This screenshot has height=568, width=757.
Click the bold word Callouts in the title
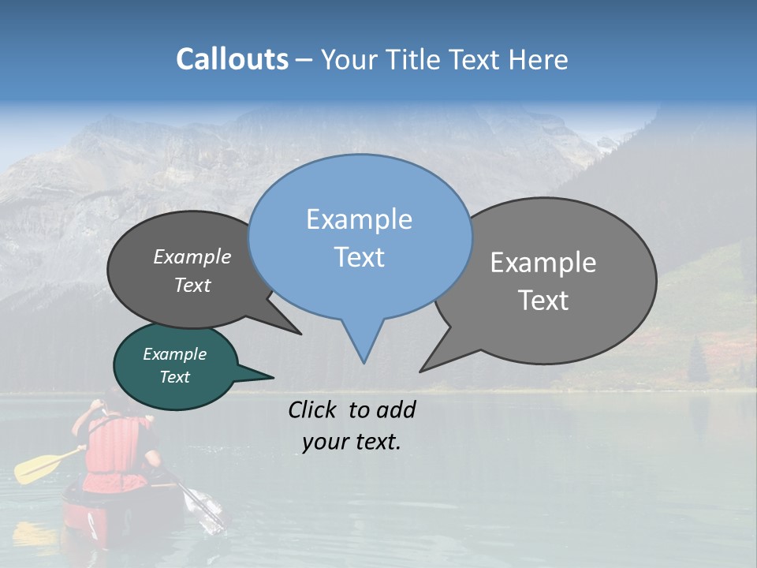point(232,59)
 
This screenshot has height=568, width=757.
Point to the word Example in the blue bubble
point(359,219)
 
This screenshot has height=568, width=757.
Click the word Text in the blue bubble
point(359,257)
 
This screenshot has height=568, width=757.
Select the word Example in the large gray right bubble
point(543,263)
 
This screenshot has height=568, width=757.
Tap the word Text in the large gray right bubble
point(543,301)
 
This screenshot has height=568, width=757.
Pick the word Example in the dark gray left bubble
point(192,256)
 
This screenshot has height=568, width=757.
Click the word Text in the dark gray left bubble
point(192,285)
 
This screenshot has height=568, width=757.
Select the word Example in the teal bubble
point(174,354)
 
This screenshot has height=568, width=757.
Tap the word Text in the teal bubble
point(174,377)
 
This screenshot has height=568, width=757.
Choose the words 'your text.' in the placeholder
point(351,442)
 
